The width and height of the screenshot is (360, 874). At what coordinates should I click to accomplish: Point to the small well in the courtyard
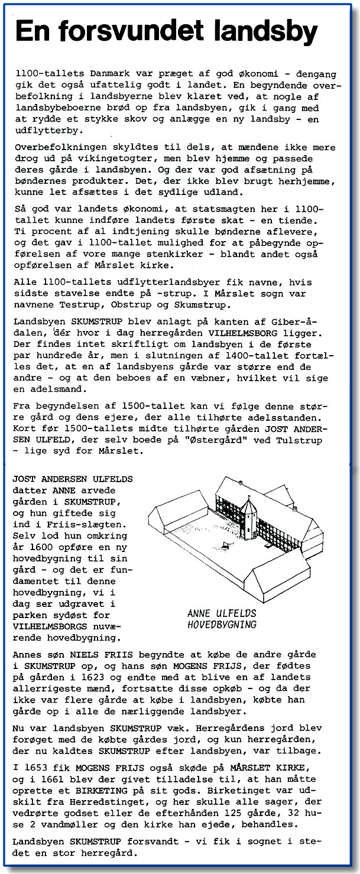(226, 544)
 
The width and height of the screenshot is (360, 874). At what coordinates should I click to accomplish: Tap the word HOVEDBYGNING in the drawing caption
(222, 624)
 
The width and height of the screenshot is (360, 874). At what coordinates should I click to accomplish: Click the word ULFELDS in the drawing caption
(236, 613)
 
